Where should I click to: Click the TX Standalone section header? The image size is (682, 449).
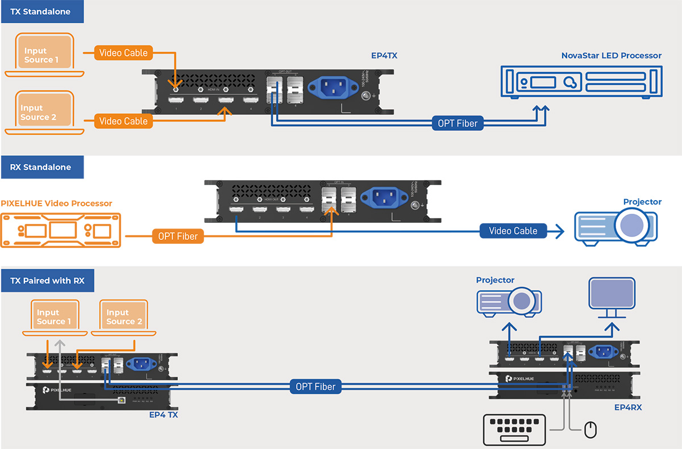(x=41, y=11)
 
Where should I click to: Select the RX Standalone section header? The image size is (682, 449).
(x=41, y=167)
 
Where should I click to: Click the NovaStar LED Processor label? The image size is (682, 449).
(x=612, y=56)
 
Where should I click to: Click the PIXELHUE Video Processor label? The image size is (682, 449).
(x=57, y=203)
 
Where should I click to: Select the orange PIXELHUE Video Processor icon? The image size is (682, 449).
(x=61, y=230)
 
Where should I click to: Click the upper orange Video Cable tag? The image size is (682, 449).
(x=123, y=53)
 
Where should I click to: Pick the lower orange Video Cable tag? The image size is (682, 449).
(x=123, y=121)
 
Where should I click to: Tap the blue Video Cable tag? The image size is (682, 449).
(x=513, y=231)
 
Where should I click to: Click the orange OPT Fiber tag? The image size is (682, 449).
(x=178, y=236)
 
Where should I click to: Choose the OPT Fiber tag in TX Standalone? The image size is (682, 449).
(x=458, y=123)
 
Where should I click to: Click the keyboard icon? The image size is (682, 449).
(x=514, y=430)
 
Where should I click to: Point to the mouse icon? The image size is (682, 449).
(x=591, y=430)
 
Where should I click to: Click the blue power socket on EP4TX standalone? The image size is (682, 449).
(x=332, y=88)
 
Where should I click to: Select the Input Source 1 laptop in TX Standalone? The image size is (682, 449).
(x=44, y=55)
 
